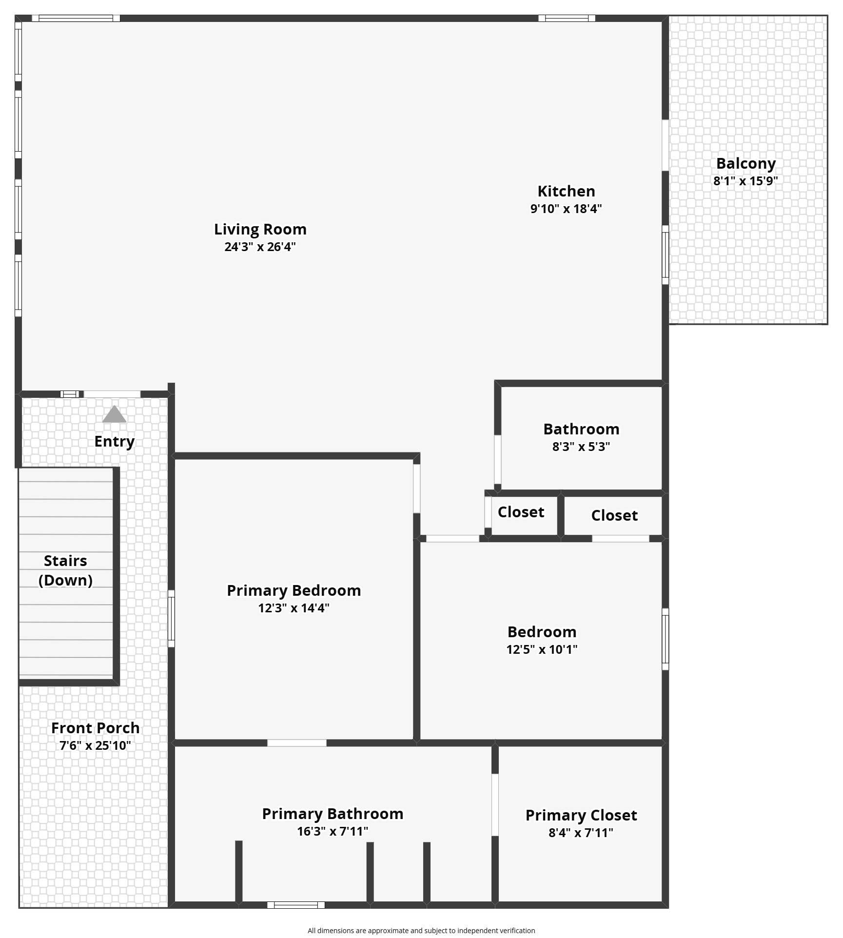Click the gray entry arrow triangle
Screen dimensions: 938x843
pyautogui.click(x=114, y=414)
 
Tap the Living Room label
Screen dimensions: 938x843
pyautogui.click(x=260, y=229)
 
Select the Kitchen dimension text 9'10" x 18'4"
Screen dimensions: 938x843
pyautogui.click(x=566, y=209)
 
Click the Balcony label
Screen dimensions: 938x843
pyautogui.click(x=745, y=163)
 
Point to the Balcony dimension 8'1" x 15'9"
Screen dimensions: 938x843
pyautogui.click(x=745, y=181)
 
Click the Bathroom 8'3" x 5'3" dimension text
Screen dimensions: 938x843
pyautogui.click(x=581, y=447)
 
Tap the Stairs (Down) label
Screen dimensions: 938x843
pyautogui.click(x=65, y=570)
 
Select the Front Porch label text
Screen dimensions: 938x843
pyautogui.click(x=96, y=728)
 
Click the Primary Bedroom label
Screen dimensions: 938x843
pyautogui.click(x=294, y=590)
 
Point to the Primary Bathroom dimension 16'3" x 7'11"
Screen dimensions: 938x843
pyautogui.click(x=333, y=831)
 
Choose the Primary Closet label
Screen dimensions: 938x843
pyautogui.click(x=581, y=815)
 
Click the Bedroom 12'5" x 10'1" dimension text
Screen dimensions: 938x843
pyautogui.click(x=542, y=649)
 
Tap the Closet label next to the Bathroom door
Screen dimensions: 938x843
pyautogui.click(x=521, y=512)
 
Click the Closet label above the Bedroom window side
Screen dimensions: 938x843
pyautogui.click(x=614, y=515)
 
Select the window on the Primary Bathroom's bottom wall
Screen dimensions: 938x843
pyautogui.click(x=296, y=905)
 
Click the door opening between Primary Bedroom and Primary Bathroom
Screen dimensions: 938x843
pyautogui.click(x=296, y=743)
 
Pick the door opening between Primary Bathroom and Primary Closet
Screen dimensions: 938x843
pyautogui.click(x=495, y=805)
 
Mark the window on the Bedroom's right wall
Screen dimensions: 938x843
pyautogui.click(x=665, y=639)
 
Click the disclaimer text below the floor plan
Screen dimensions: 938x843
pyautogui.click(x=421, y=931)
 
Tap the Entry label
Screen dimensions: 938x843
pyautogui.click(x=114, y=441)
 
